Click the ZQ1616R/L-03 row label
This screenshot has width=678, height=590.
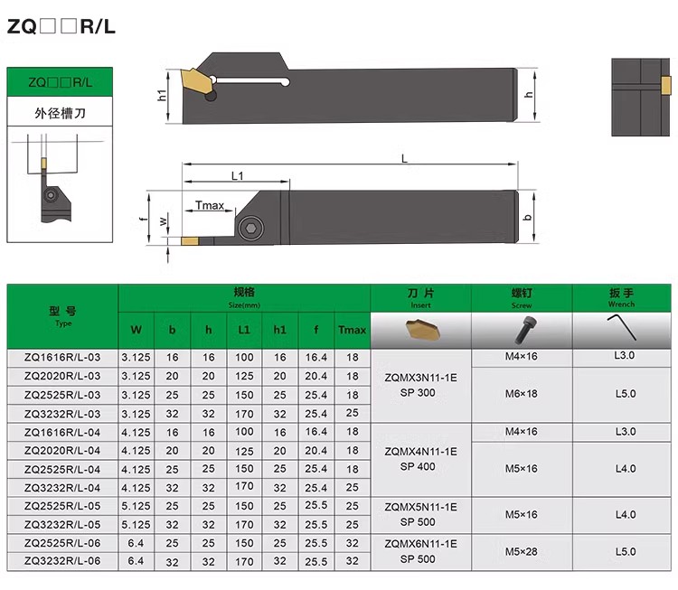[x=62, y=357]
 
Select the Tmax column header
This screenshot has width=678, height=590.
[x=352, y=330]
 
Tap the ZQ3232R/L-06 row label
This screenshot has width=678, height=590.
[x=62, y=560]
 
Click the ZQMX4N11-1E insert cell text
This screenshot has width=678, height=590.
[x=420, y=451]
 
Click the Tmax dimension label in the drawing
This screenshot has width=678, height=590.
[x=210, y=205]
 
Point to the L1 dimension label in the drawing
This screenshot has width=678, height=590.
[x=237, y=175]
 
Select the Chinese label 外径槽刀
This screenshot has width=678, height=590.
[x=61, y=114]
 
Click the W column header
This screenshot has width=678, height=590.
[x=136, y=330]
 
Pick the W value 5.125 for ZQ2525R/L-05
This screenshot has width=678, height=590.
[x=136, y=507]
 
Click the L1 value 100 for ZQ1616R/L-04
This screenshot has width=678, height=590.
[x=243, y=432]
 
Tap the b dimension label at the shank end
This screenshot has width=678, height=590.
[x=528, y=218]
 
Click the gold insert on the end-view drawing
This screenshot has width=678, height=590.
[x=665, y=84]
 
